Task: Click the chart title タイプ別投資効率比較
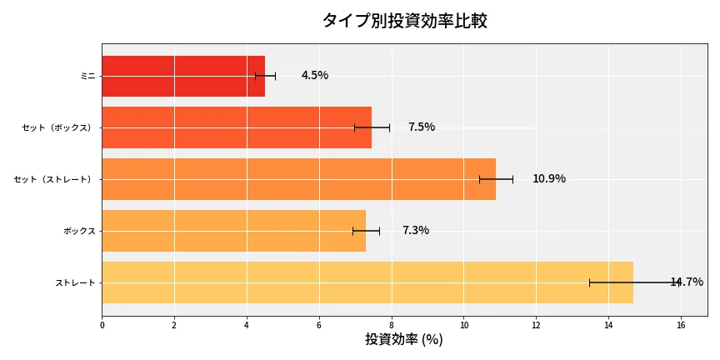(x=404, y=21)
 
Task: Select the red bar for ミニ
(x=183, y=76)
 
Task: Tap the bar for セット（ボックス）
(x=237, y=127)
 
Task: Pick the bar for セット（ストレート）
(x=298, y=179)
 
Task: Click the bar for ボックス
(x=233, y=231)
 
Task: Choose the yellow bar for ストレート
(x=367, y=282)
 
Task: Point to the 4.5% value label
(x=315, y=76)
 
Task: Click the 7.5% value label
(x=422, y=127)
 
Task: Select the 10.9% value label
(x=549, y=179)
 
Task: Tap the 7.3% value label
(x=416, y=231)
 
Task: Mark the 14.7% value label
(x=687, y=282)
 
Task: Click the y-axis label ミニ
(x=87, y=76)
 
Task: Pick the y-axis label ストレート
(x=75, y=283)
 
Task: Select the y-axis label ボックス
(x=79, y=231)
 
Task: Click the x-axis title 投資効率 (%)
(x=404, y=340)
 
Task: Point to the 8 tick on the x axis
(x=392, y=325)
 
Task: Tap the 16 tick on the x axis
(x=681, y=325)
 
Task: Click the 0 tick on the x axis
(x=102, y=325)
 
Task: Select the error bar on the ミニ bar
(x=265, y=76)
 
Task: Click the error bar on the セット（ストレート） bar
(x=496, y=179)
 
